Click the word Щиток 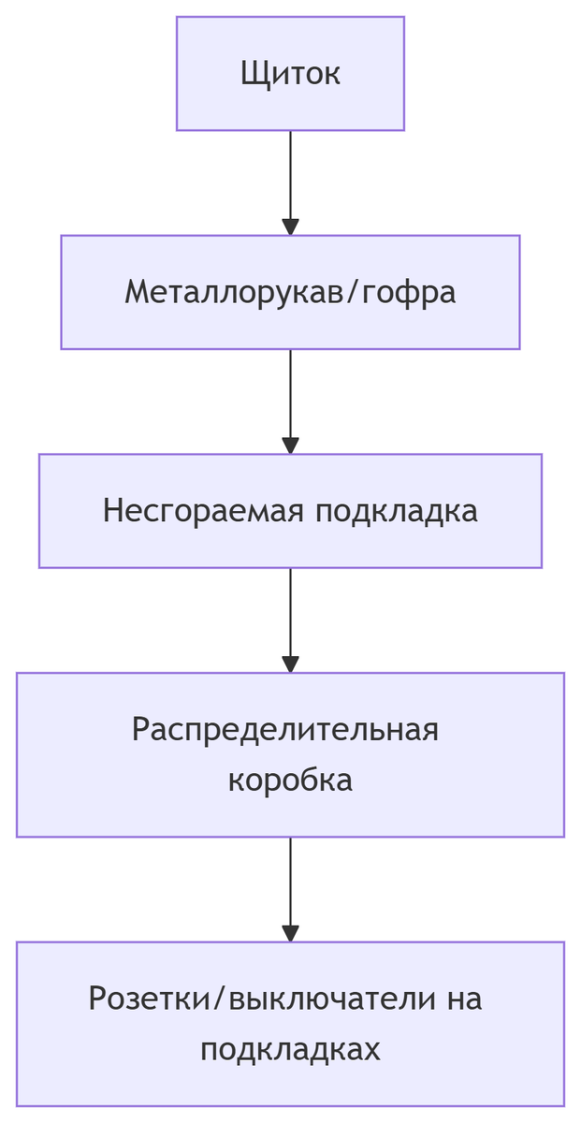point(290,73)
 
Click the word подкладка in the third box point(396,511)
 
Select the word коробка point(290,780)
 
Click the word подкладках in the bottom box point(290,1049)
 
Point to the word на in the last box point(463,999)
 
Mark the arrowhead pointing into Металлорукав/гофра point(290,226)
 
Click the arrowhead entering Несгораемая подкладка point(290,445)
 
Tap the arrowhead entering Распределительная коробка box point(290,664)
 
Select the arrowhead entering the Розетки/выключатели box point(290,933)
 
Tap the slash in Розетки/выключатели point(221,999)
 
